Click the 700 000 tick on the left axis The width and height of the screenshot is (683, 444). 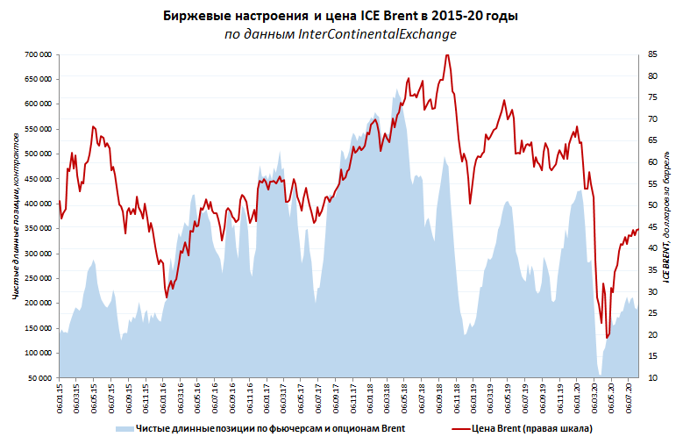click(38, 54)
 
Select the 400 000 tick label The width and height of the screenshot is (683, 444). click(38, 204)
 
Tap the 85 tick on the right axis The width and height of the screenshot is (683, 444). click(653, 54)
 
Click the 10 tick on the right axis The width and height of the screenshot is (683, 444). click(653, 378)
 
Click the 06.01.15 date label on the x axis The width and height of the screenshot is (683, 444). click(60, 395)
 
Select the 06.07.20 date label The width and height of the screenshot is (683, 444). click(629, 395)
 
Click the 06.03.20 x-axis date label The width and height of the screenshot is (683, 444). click(594, 395)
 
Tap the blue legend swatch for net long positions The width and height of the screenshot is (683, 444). click(123, 429)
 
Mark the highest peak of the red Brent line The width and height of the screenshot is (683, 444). click(447, 55)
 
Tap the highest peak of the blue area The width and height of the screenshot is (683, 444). click(397, 89)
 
